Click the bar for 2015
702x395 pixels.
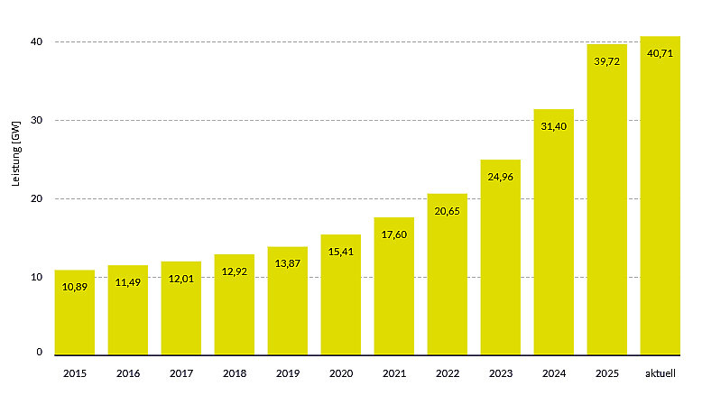point(75,316)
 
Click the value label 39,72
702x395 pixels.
point(607,61)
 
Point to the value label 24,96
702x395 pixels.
point(501,177)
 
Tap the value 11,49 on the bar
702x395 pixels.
point(128,282)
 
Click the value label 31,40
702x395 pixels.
point(554,126)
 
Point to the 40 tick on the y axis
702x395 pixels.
point(37,42)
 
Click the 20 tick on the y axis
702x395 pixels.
point(37,198)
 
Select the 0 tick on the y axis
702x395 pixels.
point(40,353)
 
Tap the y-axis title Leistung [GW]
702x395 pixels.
point(15,153)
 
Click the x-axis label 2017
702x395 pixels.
point(181,372)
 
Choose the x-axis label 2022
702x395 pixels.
point(448,372)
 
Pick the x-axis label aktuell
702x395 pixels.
point(660,372)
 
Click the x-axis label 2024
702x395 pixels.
point(554,372)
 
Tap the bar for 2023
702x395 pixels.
point(501,271)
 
